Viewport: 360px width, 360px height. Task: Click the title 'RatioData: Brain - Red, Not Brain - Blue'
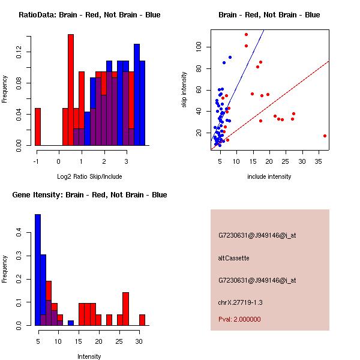89,14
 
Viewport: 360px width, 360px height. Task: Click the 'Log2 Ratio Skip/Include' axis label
89,177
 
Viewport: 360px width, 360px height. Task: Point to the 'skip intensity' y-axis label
184,90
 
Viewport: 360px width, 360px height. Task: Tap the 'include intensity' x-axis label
269,177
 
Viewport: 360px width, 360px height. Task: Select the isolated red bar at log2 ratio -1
38,127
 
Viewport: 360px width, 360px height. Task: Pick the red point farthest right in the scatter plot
325,136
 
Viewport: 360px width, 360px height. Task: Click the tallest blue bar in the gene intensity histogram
38,269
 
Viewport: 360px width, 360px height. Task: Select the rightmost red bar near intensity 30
142,320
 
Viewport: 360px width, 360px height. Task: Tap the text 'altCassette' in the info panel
233,258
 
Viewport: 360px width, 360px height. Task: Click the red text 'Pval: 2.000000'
239,319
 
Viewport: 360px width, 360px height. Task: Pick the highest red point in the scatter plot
246,35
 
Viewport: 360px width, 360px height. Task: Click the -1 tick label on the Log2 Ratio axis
37,161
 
